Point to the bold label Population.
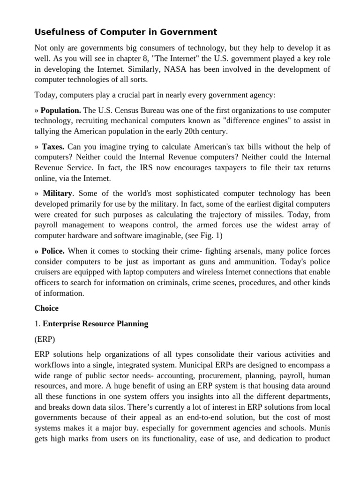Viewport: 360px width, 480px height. click(x=61, y=111)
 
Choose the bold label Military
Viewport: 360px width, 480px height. click(x=58, y=193)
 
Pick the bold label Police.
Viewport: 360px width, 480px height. click(x=52, y=251)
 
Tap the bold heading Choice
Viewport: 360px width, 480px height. click(x=46, y=308)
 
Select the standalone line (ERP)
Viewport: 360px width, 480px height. click(x=45, y=339)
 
